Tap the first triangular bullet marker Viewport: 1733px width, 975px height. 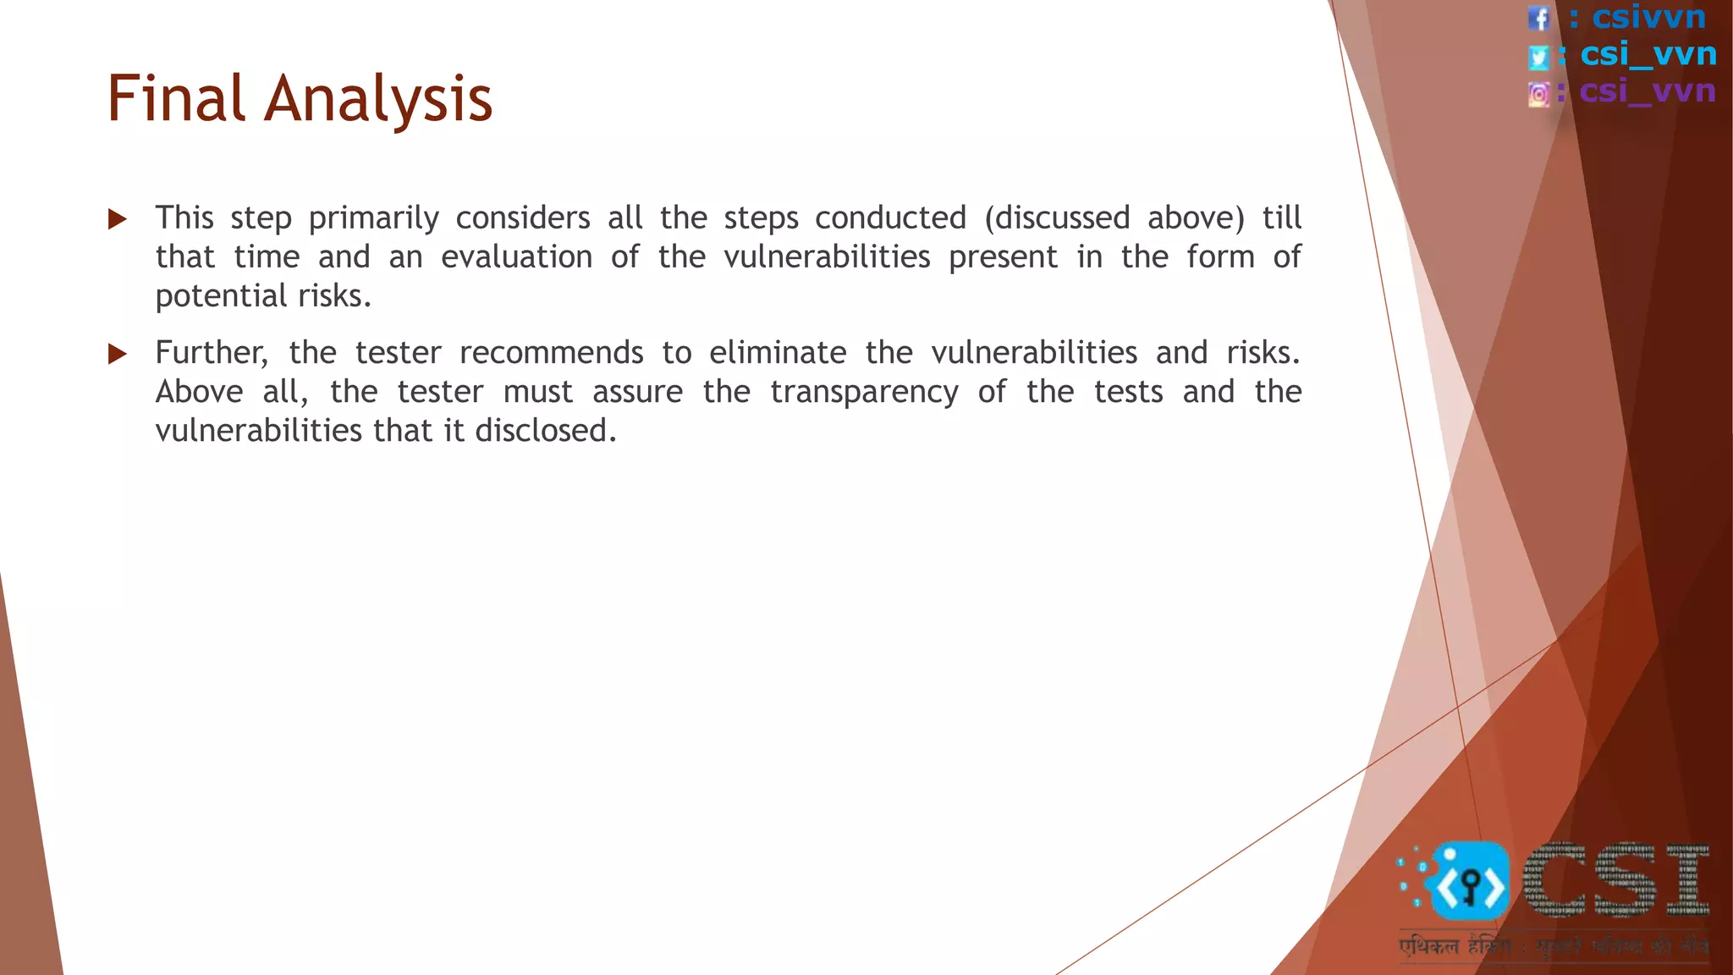coord(118,220)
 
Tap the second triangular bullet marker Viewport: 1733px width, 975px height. coord(118,354)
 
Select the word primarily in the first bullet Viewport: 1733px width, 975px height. coord(373,219)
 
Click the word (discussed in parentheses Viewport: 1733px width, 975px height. coord(1057,218)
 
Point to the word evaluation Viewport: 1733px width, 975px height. coord(516,257)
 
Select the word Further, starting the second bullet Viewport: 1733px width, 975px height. coord(212,353)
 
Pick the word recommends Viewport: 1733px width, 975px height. coord(551,353)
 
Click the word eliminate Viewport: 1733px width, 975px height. coord(777,353)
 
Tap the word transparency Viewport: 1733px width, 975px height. coord(864,393)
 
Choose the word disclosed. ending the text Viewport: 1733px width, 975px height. coord(546,431)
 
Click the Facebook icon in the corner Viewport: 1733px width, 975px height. coord(1538,18)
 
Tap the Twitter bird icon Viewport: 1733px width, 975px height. coord(1538,57)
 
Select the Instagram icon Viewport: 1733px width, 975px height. coord(1538,94)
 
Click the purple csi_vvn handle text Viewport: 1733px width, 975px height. coord(1647,91)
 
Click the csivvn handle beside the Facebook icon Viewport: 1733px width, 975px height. coord(1648,17)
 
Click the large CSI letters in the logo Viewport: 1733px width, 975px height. coord(1616,881)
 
